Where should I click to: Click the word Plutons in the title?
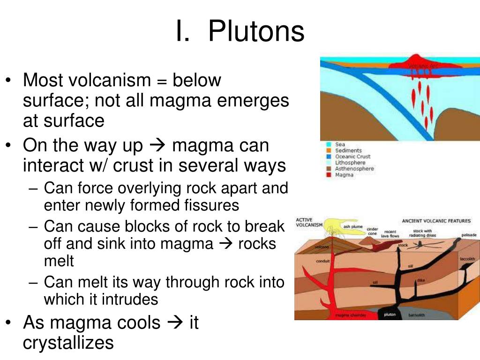(x=256, y=32)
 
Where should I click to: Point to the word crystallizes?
(x=68, y=343)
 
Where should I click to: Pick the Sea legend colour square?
(x=328, y=144)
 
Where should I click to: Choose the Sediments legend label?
(x=348, y=150)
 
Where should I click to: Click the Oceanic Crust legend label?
(x=352, y=157)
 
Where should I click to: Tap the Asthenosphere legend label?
(x=354, y=169)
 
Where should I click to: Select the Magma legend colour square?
(x=328, y=175)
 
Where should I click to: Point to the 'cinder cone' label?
(x=372, y=231)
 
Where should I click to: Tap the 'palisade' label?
(x=469, y=234)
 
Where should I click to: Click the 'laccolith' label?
(x=467, y=259)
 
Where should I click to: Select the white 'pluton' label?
(x=390, y=315)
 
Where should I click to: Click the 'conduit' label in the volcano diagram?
(x=323, y=261)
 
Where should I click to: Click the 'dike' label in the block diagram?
(x=420, y=280)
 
